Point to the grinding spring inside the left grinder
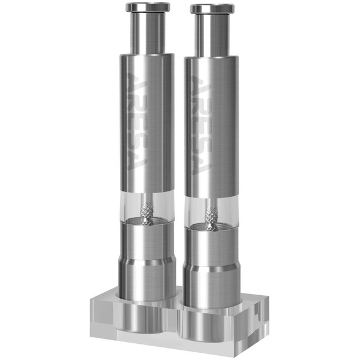point(146,213)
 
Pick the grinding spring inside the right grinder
point(211,218)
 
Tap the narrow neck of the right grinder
point(212,35)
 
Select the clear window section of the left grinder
point(135,207)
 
